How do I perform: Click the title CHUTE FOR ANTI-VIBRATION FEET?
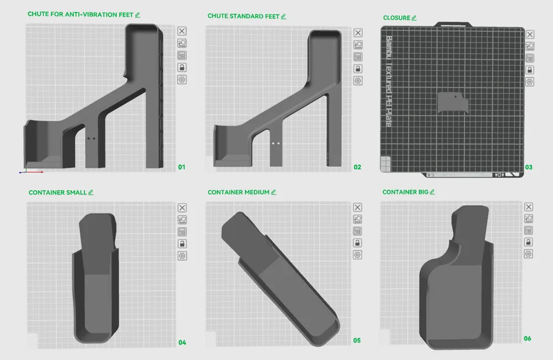(80, 15)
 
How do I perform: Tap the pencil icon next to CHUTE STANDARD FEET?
(283, 17)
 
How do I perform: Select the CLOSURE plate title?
(396, 18)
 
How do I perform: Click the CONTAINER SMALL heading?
(58, 192)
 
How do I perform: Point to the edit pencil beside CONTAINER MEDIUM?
(274, 192)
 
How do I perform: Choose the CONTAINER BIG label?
(405, 192)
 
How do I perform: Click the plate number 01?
(182, 167)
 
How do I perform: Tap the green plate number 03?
(529, 167)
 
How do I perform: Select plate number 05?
(357, 341)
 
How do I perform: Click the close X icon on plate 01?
(182, 31)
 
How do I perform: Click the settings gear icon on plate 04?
(182, 255)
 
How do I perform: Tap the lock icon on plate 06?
(529, 242)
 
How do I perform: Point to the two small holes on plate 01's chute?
(91, 139)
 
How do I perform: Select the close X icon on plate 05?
(358, 207)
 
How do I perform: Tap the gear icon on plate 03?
(529, 82)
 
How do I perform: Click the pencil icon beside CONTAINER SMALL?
(91, 192)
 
